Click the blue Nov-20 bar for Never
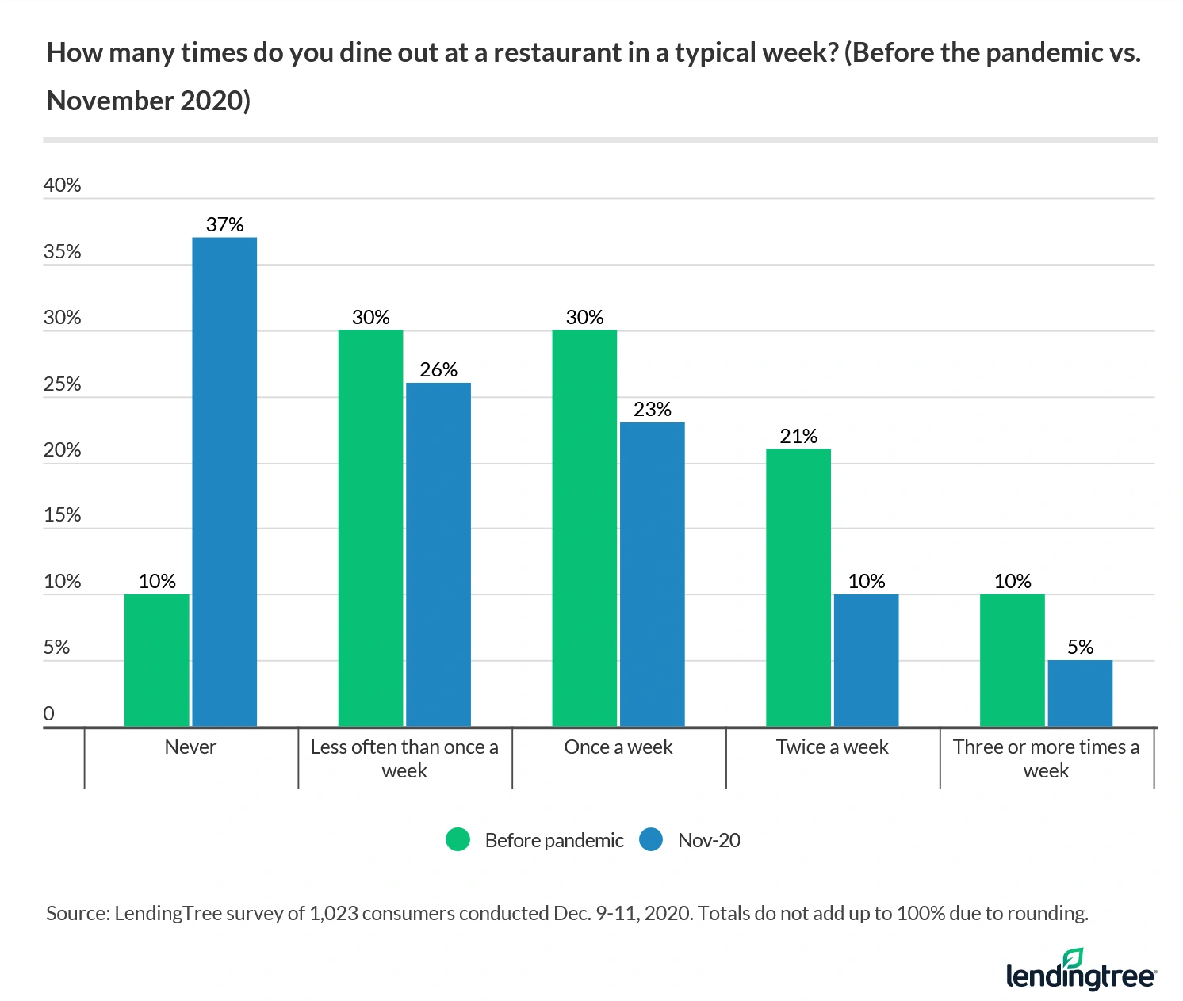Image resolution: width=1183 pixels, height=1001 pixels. pyautogui.click(x=224, y=481)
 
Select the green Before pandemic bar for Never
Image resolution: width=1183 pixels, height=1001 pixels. pyautogui.click(x=157, y=659)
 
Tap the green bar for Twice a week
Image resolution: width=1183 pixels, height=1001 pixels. pyautogui.click(x=798, y=587)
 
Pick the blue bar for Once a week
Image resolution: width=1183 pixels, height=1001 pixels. pyautogui.click(x=652, y=574)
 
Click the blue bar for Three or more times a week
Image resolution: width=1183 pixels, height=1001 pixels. pyautogui.click(x=1080, y=693)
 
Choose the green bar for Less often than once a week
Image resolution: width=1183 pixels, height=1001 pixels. pyautogui.click(x=370, y=528)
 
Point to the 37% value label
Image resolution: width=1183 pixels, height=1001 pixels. pyautogui.click(x=224, y=225)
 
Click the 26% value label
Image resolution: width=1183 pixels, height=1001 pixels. pyautogui.click(x=438, y=370)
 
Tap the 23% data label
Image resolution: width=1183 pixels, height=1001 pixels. pyautogui.click(x=652, y=410)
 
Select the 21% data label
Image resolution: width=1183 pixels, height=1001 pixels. pyautogui.click(x=798, y=437)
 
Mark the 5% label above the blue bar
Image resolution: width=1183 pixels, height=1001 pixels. pyautogui.click(x=1080, y=648)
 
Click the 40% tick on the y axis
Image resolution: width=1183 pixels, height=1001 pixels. pyautogui.click(x=63, y=185)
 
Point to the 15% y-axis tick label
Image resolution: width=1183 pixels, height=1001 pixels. pyautogui.click(x=63, y=515)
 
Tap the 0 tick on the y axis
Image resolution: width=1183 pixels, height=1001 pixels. pyautogui.click(x=49, y=713)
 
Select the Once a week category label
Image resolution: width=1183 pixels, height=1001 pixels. pyautogui.click(x=618, y=747)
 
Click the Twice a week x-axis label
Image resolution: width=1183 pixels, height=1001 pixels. pyautogui.click(x=833, y=747)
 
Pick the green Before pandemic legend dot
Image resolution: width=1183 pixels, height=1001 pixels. pyautogui.click(x=458, y=840)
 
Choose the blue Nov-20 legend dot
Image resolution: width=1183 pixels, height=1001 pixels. pyautogui.click(x=651, y=840)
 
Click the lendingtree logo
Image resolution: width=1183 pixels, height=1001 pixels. pyautogui.click(x=1081, y=970)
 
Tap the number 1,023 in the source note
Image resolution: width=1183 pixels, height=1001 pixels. pyautogui.click(x=331, y=914)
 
